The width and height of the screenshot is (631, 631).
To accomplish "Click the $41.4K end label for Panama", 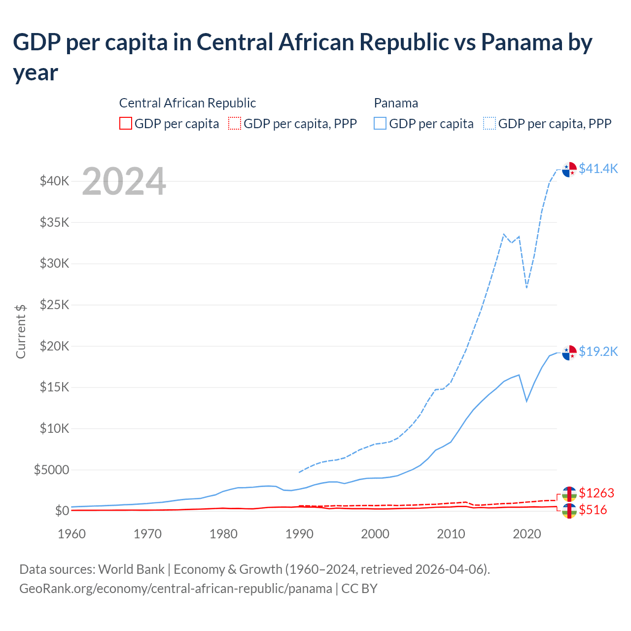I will (598, 169).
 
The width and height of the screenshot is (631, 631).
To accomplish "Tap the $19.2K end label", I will (598, 351).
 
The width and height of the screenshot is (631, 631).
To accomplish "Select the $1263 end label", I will (596, 493).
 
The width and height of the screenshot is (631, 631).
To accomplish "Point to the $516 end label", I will (593, 510).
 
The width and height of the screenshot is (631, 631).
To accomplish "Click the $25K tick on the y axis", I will (55, 305).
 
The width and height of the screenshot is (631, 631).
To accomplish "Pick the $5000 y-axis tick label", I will (51, 470).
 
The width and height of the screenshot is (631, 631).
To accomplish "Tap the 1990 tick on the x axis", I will (299, 534).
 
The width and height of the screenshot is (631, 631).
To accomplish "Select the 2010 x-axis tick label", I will (451, 534).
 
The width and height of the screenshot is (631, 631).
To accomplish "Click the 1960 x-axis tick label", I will (72, 534).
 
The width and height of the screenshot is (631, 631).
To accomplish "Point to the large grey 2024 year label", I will (124, 181).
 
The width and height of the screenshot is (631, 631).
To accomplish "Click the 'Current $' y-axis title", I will (21, 331).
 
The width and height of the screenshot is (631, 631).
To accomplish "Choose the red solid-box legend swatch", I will (126, 123).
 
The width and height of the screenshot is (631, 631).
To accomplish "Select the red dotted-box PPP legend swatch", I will (235, 123).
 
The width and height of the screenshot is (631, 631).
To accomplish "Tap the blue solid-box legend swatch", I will (380, 123).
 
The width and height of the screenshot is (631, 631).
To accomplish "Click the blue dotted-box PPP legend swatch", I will (490, 123).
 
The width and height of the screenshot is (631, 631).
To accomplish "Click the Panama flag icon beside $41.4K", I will (569, 169).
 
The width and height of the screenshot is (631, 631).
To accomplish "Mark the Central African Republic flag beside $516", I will (569, 511).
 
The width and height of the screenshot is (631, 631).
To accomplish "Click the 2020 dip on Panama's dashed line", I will (527, 287).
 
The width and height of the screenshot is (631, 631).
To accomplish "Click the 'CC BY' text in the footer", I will (359, 589).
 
